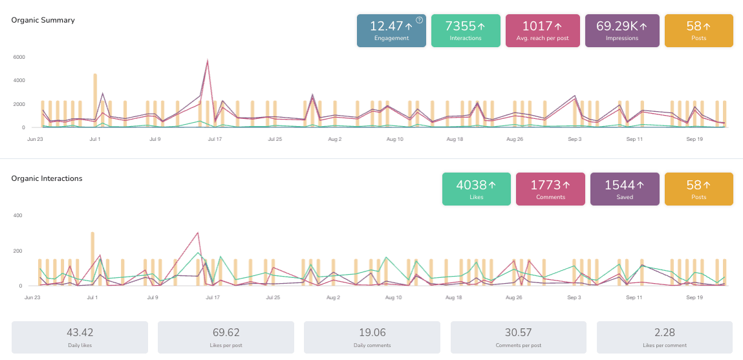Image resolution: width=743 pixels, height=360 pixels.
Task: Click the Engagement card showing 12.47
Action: (x=391, y=31)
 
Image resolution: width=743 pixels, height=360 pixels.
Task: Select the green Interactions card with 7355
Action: (x=466, y=31)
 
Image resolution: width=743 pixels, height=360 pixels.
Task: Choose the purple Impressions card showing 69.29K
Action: (x=622, y=31)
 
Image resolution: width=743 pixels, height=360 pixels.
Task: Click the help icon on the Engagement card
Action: (x=419, y=20)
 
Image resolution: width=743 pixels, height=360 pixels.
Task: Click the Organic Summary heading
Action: (x=43, y=20)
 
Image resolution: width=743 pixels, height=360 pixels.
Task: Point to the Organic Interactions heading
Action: (x=47, y=178)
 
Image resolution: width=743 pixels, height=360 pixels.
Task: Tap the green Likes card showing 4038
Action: (x=476, y=189)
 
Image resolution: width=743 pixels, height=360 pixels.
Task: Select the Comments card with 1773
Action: (x=550, y=189)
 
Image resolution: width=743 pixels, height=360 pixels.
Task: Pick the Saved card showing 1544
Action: (x=625, y=189)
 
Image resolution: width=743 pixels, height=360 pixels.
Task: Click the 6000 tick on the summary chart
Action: (x=19, y=57)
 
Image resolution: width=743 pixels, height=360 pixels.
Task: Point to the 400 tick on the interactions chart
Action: (x=18, y=215)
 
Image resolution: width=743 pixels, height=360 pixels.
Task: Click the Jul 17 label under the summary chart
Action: (x=215, y=139)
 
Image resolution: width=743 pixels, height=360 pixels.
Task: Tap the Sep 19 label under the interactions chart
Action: (x=695, y=298)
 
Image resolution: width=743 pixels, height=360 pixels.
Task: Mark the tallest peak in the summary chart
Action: (x=207, y=61)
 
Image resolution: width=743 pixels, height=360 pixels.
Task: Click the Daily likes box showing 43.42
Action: (x=80, y=337)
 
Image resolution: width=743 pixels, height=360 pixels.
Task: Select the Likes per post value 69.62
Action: (x=226, y=334)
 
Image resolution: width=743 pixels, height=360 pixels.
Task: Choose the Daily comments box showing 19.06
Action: (x=372, y=337)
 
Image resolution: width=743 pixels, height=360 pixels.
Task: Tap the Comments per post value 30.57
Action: (x=518, y=334)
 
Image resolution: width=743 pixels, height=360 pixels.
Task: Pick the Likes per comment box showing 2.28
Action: (x=664, y=337)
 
